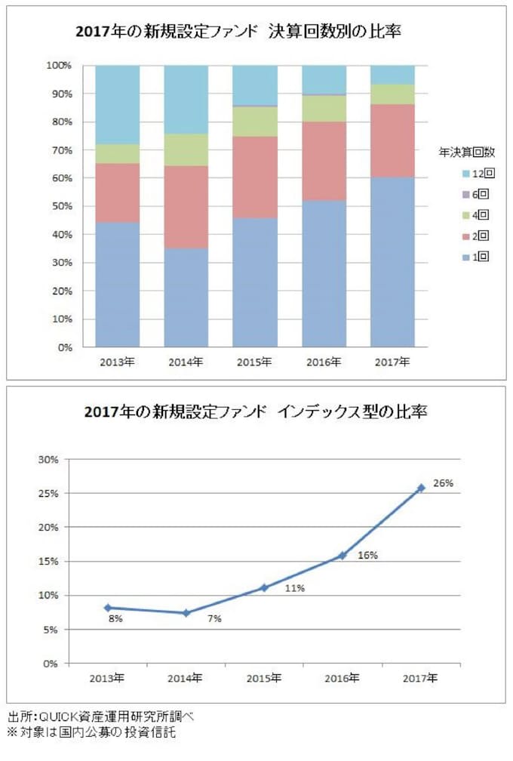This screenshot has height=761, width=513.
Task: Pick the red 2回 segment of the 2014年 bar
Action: (x=186, y=207)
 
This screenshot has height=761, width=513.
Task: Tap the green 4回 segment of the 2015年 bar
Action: (x=255, y=122)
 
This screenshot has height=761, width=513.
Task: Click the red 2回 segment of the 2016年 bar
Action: (x=324, y=161)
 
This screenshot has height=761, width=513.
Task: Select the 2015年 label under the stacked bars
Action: (x=255, y=362)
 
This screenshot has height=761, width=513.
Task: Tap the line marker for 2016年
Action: (x=343, y=555)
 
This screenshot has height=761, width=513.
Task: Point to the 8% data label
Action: (x=115, y=618)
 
